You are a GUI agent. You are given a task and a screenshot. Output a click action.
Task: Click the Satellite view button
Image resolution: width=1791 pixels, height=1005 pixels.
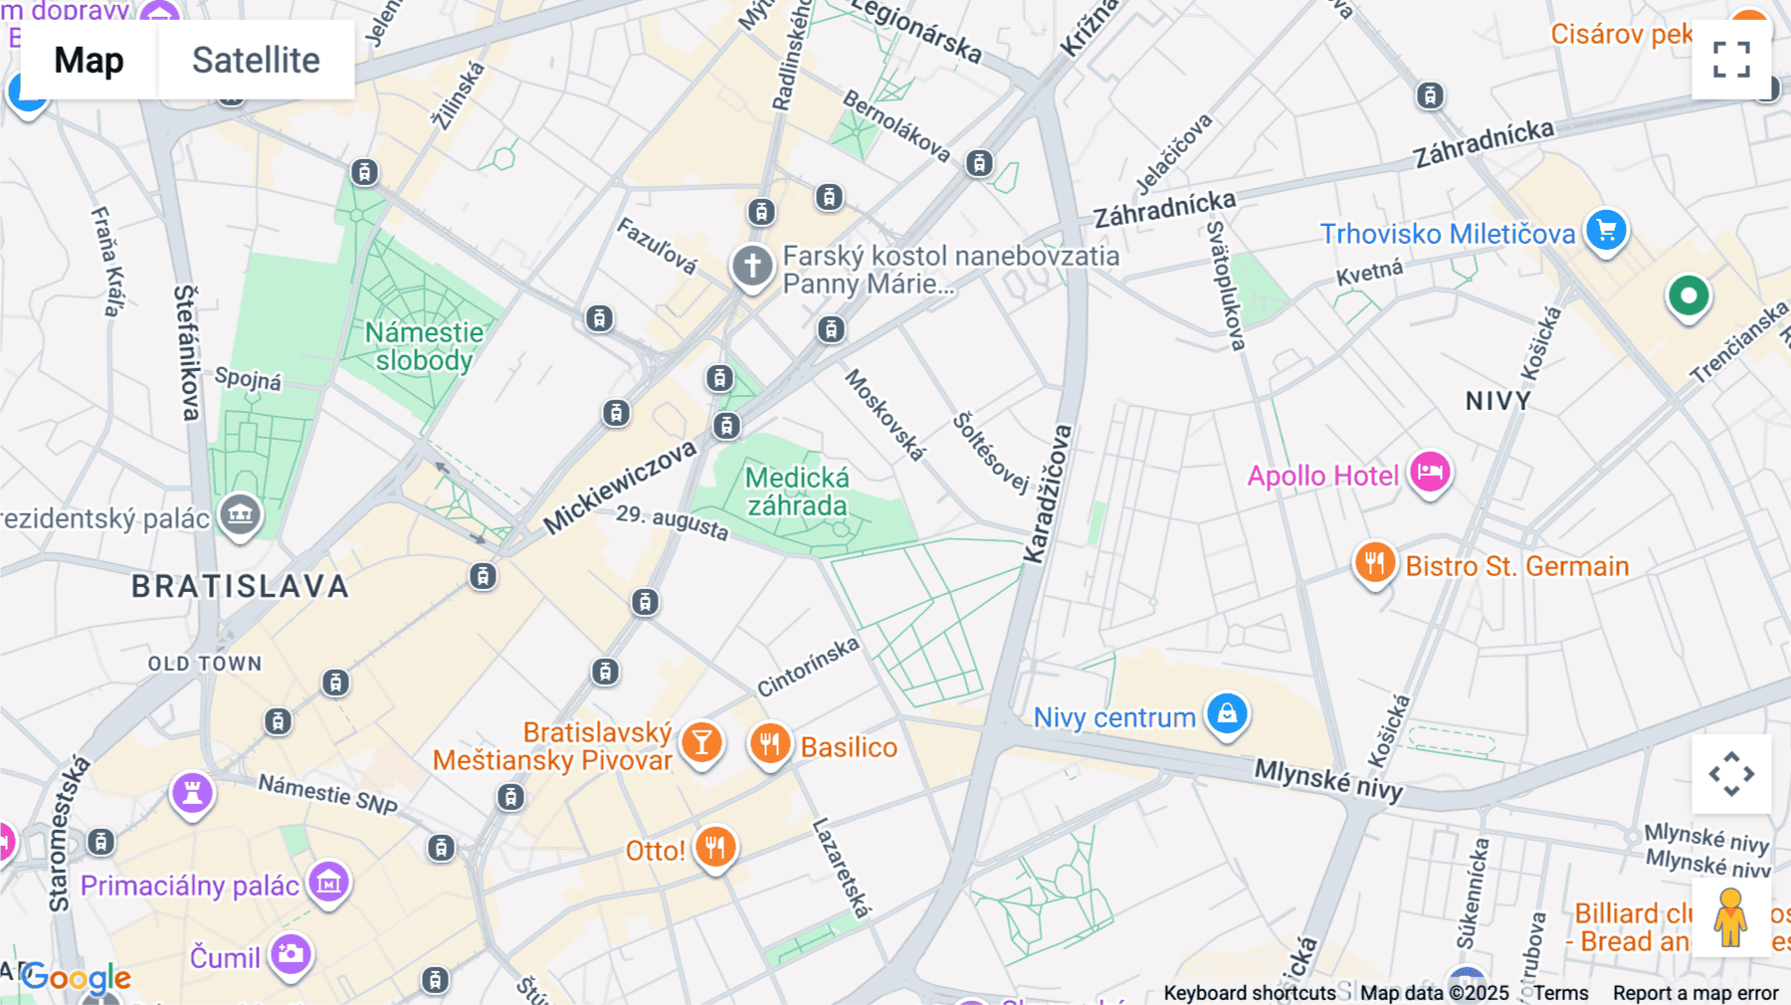tap(256, 61)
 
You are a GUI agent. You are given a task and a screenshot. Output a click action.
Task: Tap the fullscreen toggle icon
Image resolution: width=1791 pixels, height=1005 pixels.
tap(1731, 60)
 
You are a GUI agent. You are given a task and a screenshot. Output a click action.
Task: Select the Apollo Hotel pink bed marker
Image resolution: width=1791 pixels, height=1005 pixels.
tap(1430, 472)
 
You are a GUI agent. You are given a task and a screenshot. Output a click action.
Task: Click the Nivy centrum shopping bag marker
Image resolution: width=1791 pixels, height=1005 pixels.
tap(1227, 714)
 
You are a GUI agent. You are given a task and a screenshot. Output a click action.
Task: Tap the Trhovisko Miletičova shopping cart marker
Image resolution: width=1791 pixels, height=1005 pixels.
tap(1606, 231)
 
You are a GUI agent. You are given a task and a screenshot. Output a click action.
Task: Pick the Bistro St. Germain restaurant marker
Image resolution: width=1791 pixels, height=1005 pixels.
tap(1374, 563)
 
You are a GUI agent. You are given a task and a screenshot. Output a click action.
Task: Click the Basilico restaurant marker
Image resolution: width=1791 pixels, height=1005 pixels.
tap(769, 743)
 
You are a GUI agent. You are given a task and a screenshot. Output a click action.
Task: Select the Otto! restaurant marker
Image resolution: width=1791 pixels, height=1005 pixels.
tap(714, 848)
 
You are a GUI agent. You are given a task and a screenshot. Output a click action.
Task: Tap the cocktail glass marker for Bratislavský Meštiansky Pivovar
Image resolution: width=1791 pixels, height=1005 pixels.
tap(701, 742)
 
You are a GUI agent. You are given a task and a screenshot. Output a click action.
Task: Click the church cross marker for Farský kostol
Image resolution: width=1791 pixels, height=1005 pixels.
tap(752, 267)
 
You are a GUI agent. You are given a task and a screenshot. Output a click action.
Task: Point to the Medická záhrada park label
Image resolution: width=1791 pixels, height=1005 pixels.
tap(797, 492)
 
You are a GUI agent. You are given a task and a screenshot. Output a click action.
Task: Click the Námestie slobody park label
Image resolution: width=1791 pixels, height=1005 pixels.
tap(424, 345)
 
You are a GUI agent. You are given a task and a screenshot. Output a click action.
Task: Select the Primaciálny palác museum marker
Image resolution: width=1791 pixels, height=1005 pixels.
tap(329, 882)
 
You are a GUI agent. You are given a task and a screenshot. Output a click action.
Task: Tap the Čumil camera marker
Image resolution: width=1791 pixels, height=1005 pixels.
tap(292, 954)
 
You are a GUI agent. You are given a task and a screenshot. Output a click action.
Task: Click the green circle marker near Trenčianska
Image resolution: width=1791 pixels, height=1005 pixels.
tap(1688, 296)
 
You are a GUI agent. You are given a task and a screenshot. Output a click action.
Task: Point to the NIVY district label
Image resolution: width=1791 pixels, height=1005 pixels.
tap(1497, 401)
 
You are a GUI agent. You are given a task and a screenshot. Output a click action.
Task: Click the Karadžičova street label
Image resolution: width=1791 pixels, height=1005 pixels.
tap(1049, 494)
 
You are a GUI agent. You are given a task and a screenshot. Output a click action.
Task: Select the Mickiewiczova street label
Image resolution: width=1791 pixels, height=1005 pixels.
tap(620, 487)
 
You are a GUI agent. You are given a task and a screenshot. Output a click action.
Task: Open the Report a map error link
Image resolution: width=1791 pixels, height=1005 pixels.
tap(1694, 993)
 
